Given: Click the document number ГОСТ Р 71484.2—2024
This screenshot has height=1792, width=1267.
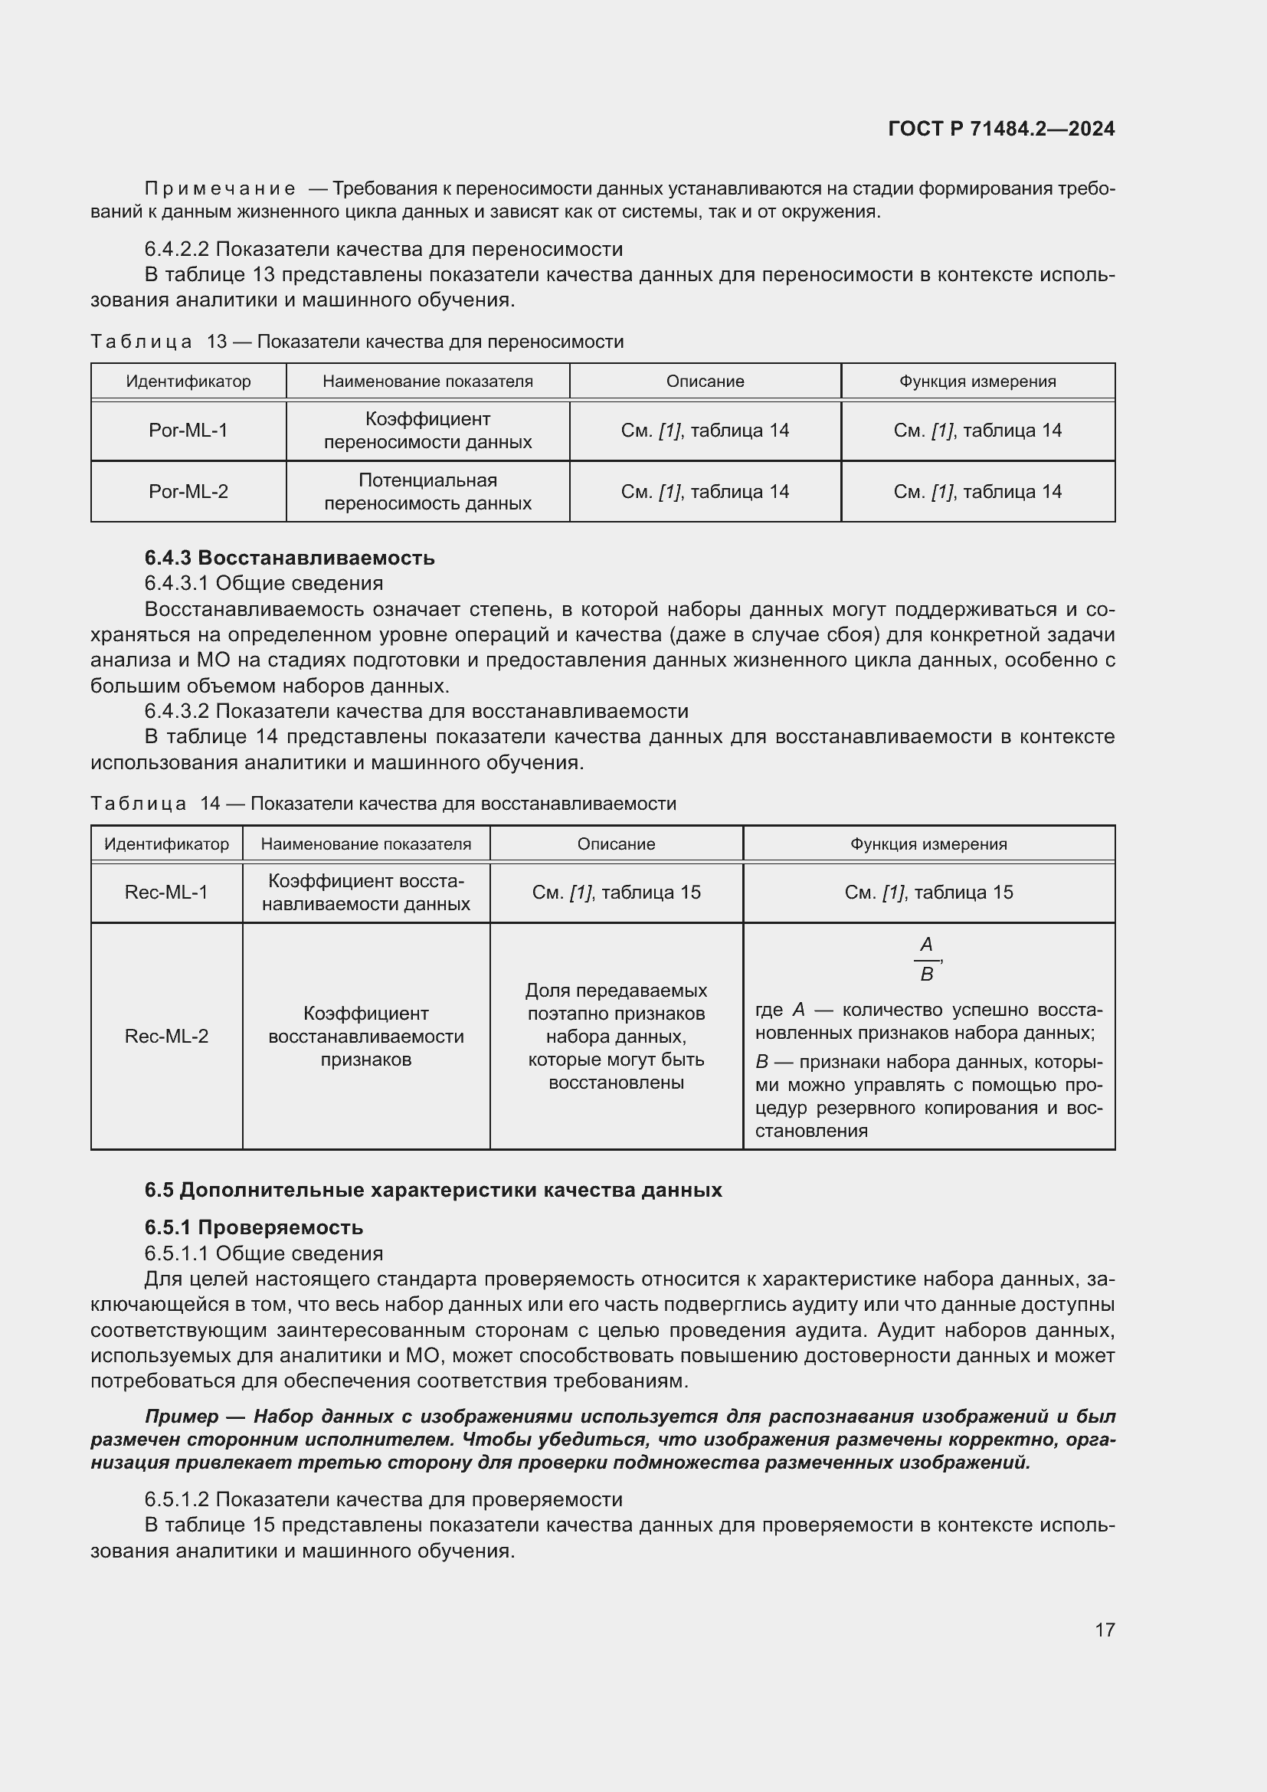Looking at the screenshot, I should click(1001, 129).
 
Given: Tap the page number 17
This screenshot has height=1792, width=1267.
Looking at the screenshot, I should click(1105, 1630).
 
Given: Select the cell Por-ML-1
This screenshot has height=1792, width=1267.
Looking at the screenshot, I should click(188, 430).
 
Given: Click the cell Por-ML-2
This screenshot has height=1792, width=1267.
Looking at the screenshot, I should click(188, 492).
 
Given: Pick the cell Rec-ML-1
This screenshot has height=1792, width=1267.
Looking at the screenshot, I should click(166, 892).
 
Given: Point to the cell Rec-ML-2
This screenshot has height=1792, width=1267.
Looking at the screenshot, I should click(166, 1036).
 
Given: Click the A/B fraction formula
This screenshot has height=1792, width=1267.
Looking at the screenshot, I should click(926, 959).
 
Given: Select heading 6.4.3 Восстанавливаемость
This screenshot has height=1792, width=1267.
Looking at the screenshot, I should click(290, 558).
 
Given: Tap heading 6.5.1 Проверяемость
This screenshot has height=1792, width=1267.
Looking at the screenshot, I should click(254, 1227).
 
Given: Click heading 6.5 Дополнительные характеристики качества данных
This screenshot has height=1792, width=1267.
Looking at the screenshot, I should click(433, 1190).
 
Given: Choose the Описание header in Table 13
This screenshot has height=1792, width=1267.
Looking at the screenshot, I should click(705, 382).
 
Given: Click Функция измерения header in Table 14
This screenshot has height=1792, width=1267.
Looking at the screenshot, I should click(928, 844).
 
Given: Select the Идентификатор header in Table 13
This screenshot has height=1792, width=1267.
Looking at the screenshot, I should click(188, 382).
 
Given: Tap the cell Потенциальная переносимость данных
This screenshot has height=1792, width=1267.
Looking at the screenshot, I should click(427, 492).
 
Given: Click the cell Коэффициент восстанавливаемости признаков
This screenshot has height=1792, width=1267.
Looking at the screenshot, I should click(366, 1036).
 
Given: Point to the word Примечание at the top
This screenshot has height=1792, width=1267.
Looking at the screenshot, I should click(220, 189).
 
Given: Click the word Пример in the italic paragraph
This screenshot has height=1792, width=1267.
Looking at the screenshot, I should click(182, 1416).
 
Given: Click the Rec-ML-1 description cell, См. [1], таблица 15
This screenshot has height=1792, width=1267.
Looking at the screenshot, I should click(616, 892).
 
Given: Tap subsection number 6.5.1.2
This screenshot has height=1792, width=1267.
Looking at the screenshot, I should click(177, 1499).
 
